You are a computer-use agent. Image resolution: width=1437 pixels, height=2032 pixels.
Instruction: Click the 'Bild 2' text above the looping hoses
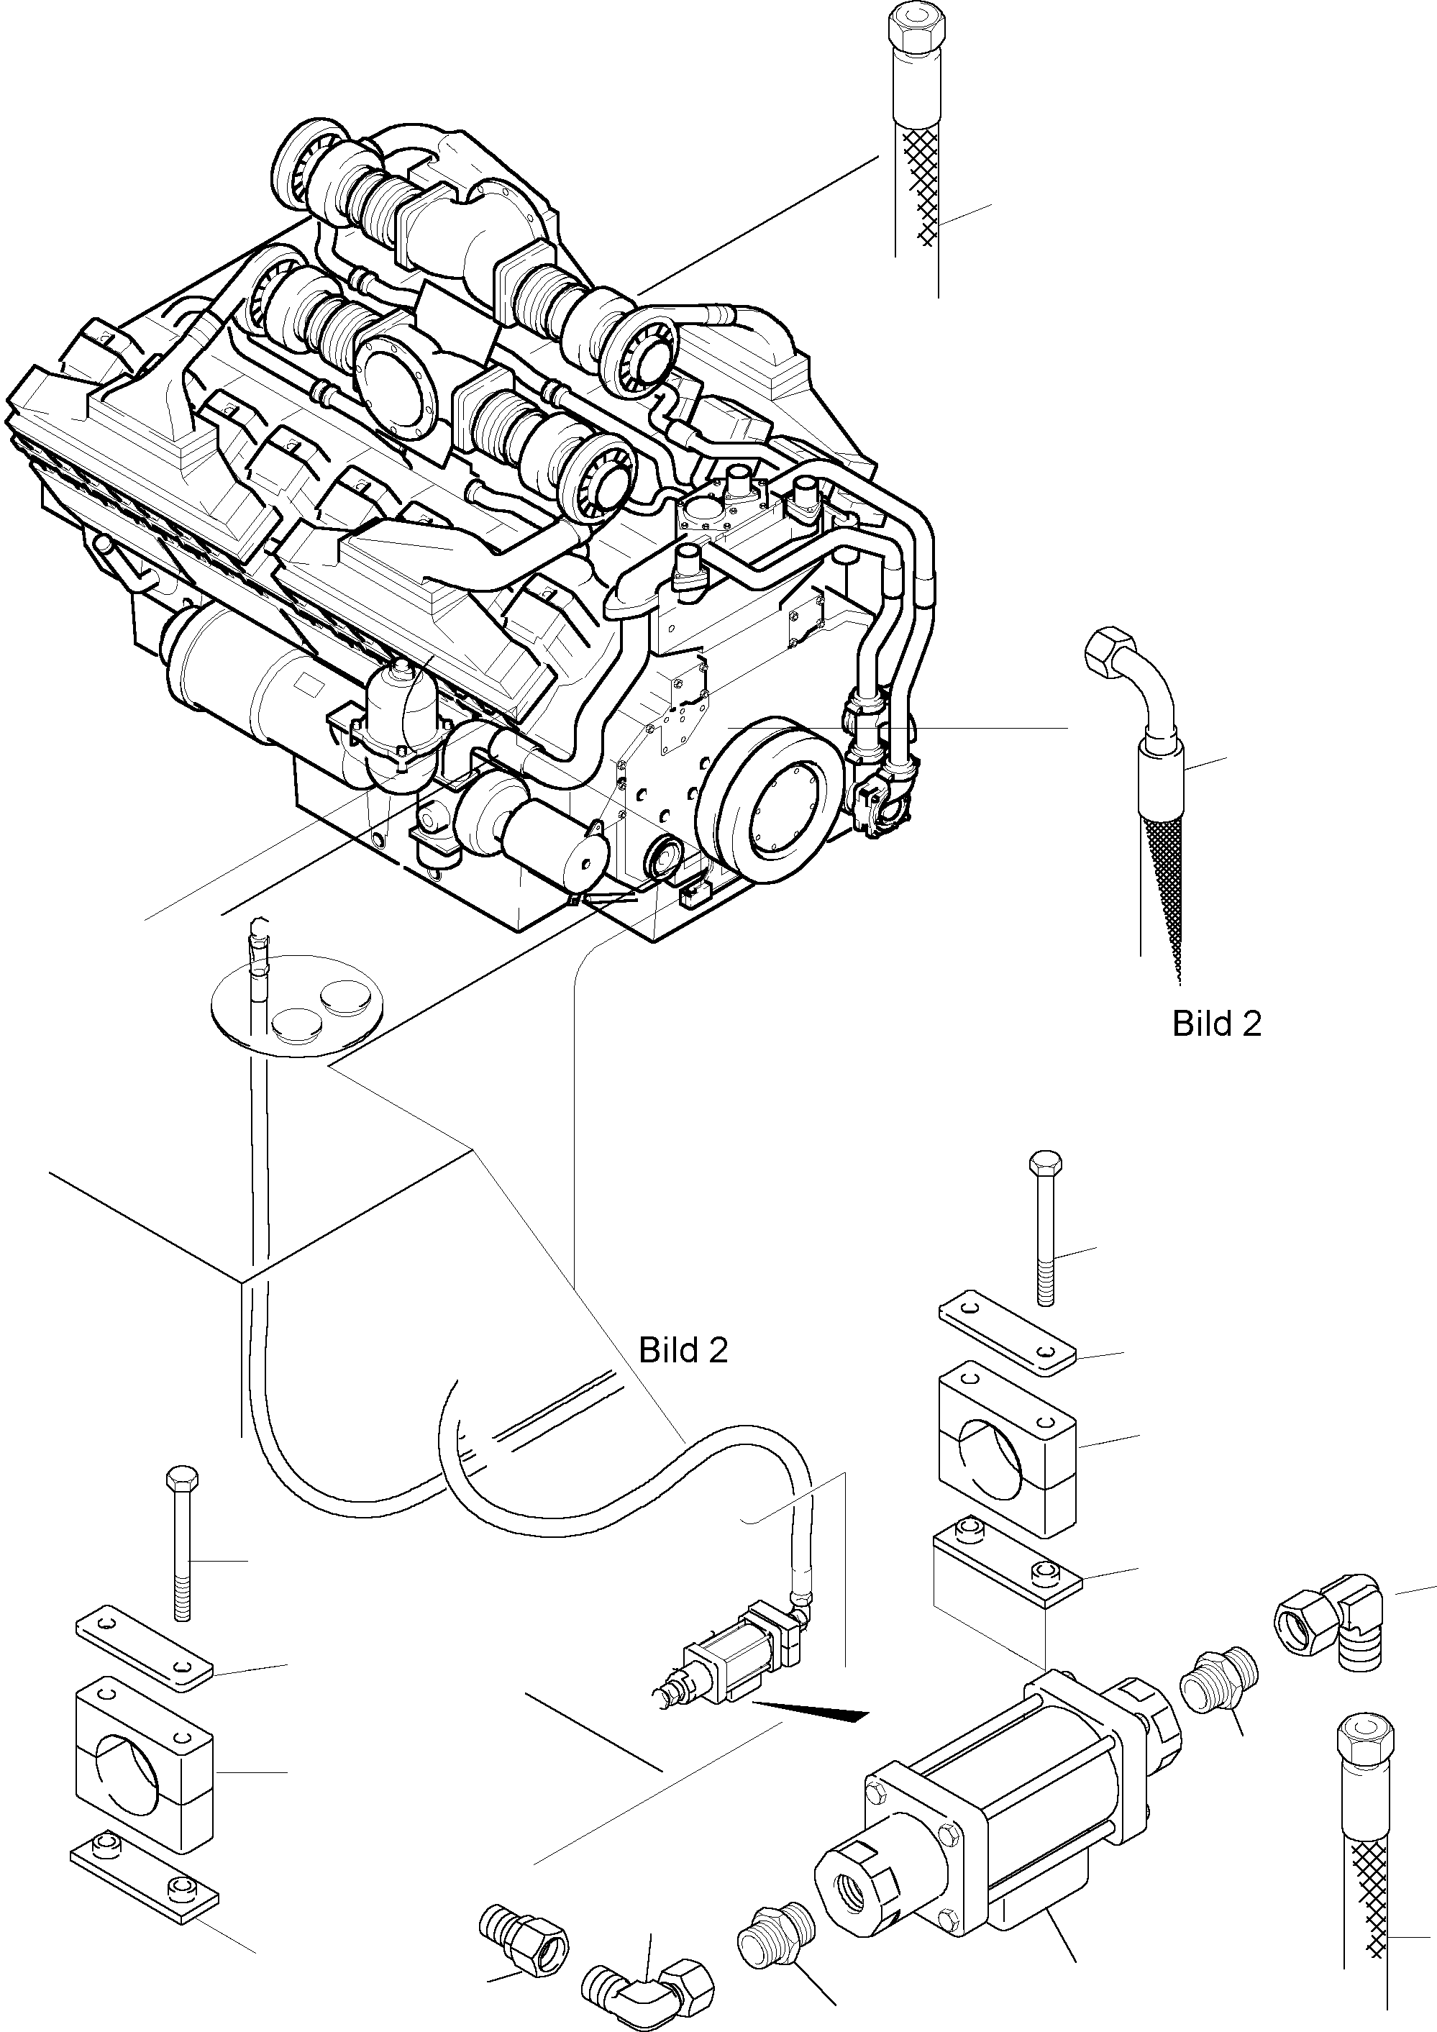pyautogui.click(x=683, y=1351)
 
